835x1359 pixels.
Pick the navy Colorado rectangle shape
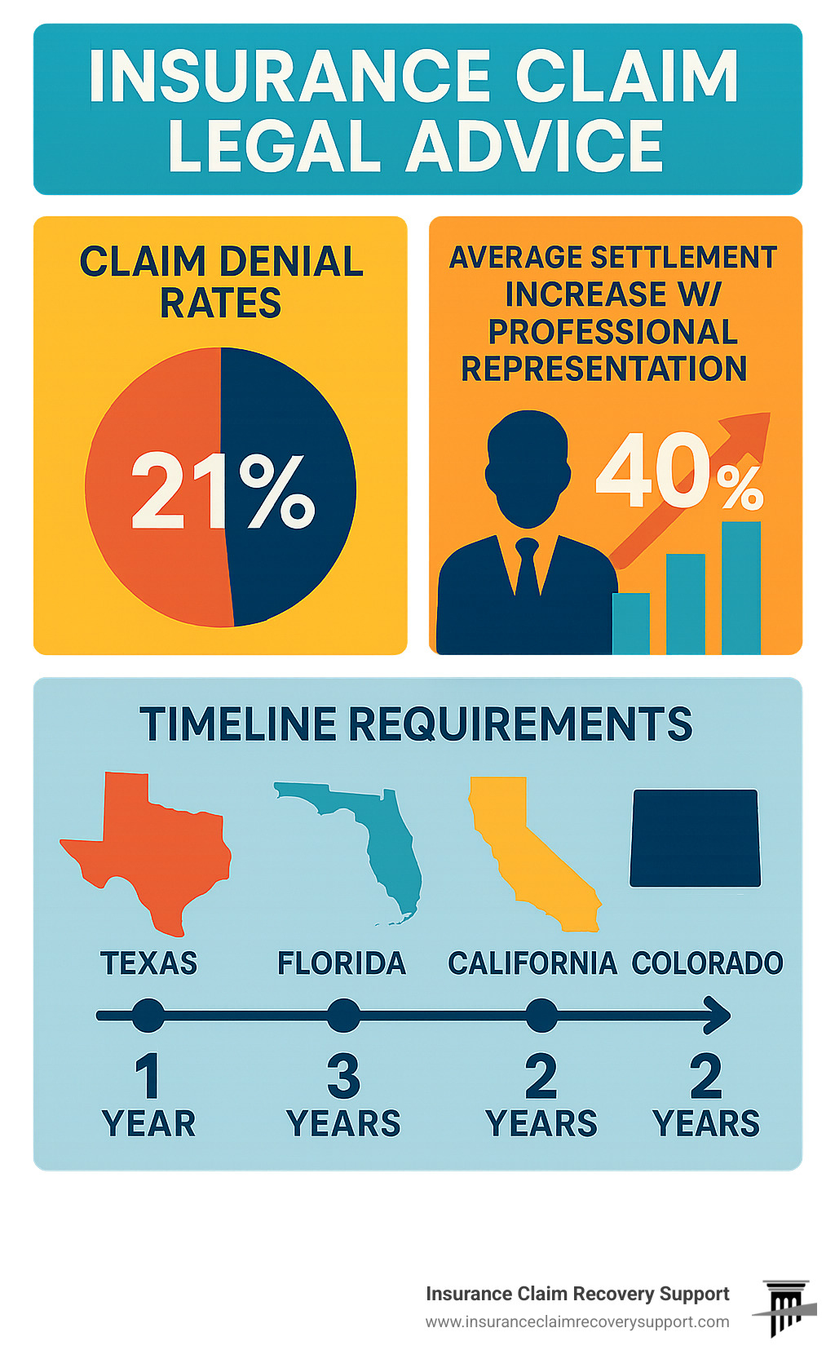(695, 838)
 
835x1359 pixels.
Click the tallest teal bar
(740, 587)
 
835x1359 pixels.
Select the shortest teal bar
(631, 623)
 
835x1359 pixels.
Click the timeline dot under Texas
(148, 1016)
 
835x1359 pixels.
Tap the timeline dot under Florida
(343, 1016)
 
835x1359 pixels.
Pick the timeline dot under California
(541, 1016)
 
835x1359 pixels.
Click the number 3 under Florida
(343, 1076)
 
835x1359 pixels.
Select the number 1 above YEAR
(148, 1076)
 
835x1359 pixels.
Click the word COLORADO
(707, 963)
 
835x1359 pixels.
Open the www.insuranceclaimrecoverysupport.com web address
(577, 1321)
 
